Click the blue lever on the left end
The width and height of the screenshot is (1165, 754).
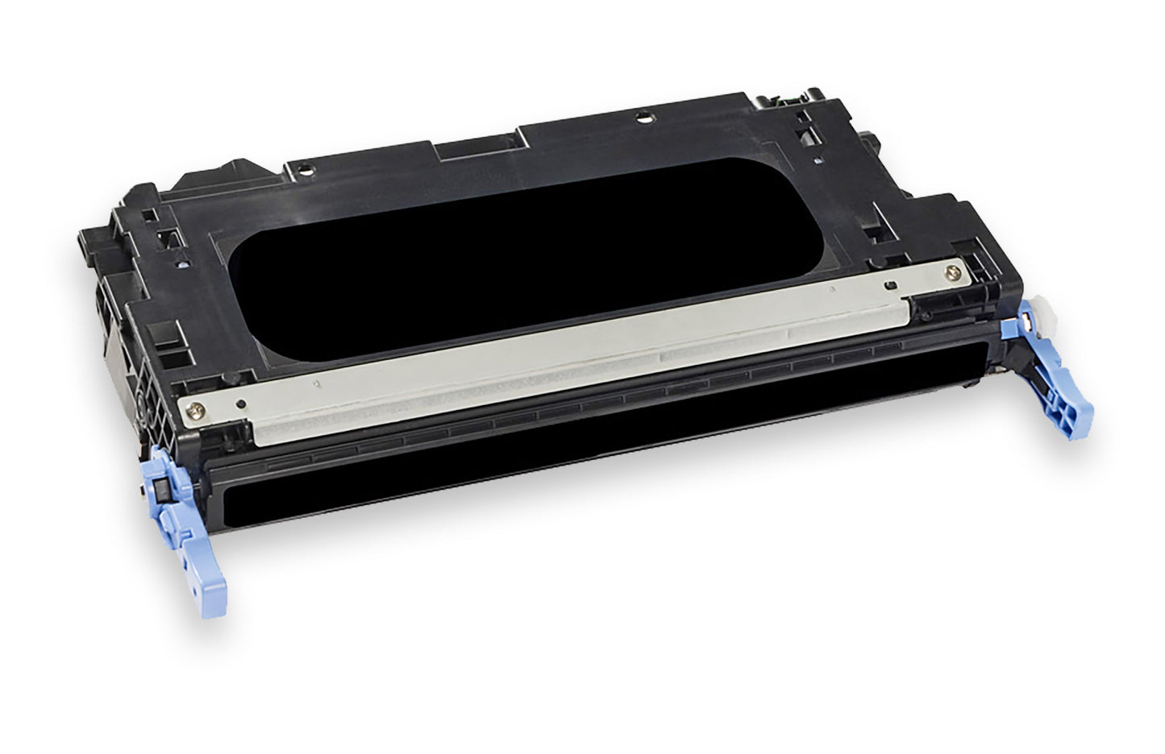pyautogui.click(x=184, y=524)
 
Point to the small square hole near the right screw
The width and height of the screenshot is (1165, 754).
pyautogui.click(x=890, y=285)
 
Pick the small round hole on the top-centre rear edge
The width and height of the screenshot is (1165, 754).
pyautogui.click(x=642, y=118)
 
